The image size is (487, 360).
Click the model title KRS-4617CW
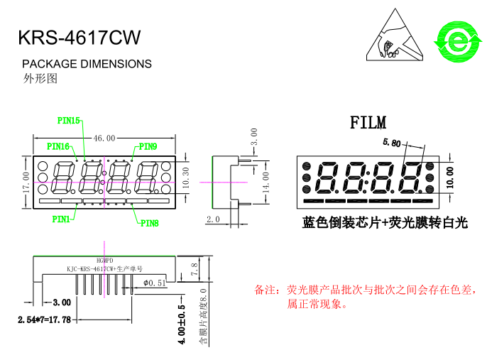pos(79,37)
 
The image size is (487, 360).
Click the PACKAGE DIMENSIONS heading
pos(87,64)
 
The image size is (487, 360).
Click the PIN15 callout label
pos(69,121)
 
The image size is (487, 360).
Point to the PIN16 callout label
pos(58,146)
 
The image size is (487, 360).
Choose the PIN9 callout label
pos(148,146)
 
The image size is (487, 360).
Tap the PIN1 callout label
pos(61,219)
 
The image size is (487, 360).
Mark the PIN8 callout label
pos(149,223)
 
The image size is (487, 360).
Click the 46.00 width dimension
pos(104,138)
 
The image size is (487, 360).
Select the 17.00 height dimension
pos(26,182)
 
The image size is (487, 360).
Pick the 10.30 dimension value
pos(187,178)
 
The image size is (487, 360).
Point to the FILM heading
pos(368,123)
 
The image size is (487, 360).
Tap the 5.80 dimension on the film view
pos(391,143)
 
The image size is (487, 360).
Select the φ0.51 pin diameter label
pos(154,283)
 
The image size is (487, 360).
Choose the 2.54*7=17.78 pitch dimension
pos(44,320)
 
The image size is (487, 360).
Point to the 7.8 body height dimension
pos(194,269)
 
